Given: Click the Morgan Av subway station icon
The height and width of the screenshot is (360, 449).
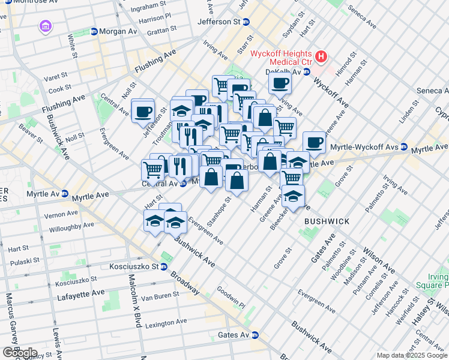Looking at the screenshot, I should point(94,31).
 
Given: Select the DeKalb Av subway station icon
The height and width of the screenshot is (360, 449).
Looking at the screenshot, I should point(306,72).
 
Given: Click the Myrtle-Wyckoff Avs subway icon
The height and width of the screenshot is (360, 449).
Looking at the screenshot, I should point(404,147).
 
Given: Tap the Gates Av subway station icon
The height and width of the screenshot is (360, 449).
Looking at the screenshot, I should point(255,335).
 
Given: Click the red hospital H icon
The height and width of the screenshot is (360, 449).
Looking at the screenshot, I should point(322,57).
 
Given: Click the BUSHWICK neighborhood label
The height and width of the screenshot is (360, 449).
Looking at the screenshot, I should point(327,221).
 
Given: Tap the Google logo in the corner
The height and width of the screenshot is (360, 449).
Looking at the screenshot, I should point(19,353).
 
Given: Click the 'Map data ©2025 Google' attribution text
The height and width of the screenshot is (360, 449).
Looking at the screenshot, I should point(412,356).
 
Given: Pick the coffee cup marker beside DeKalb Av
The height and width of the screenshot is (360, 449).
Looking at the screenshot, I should point(280,83).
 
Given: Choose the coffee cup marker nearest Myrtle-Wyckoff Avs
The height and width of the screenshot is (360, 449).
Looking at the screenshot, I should point(314,142).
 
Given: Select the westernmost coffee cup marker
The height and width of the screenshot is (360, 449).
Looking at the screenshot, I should point(143,110).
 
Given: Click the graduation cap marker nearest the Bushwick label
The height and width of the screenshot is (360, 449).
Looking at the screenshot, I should point(293,196).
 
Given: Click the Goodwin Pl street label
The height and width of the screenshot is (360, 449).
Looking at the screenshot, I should point(231,296).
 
